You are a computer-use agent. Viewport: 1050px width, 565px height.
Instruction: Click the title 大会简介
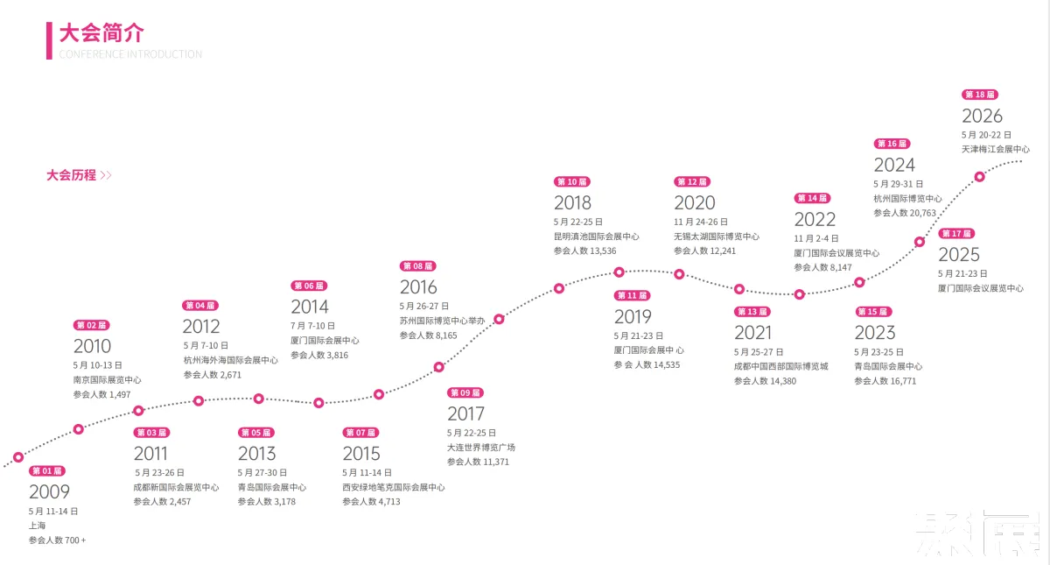[x=101, y=33]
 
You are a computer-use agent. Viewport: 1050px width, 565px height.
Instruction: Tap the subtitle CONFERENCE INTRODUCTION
[x=130, y=54]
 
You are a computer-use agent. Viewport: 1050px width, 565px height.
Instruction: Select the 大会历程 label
[x=71, y=175]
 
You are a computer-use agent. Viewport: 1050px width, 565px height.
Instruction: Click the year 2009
[x=49, y=491]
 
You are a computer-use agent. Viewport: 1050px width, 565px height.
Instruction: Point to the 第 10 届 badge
[x=572, y=181]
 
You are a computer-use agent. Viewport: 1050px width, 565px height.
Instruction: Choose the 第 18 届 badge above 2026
[x=980, y=95]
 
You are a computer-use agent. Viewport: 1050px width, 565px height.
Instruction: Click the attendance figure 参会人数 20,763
[x=905, y=213]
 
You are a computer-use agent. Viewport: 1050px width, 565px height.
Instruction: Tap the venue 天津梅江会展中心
[x=996, y=149]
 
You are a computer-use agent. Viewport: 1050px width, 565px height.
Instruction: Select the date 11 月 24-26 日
[x=701, y=222]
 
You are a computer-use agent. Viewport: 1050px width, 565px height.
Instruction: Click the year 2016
[x=418, y=287]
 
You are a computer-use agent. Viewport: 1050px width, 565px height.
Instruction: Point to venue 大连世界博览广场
[x=481, y=448]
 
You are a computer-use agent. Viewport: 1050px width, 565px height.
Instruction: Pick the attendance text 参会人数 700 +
[x=57, y=540]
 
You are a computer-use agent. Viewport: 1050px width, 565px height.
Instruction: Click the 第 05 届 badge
[x=255, y=432]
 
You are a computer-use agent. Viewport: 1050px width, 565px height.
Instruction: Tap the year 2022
[x=815, y=220]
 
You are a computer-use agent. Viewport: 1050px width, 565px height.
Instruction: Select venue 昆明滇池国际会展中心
[x=596, y=237]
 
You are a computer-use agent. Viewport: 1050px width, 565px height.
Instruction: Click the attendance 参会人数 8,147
[x=822, y=267]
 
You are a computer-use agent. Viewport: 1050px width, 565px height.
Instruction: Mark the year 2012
[x=201, y=327]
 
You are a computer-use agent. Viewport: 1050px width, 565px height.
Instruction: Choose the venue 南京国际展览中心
[x=107, y=379]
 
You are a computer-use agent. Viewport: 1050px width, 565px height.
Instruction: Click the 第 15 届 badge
[x=873, y=312]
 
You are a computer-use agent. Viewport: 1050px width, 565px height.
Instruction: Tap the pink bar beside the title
[x=49, y=41]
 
